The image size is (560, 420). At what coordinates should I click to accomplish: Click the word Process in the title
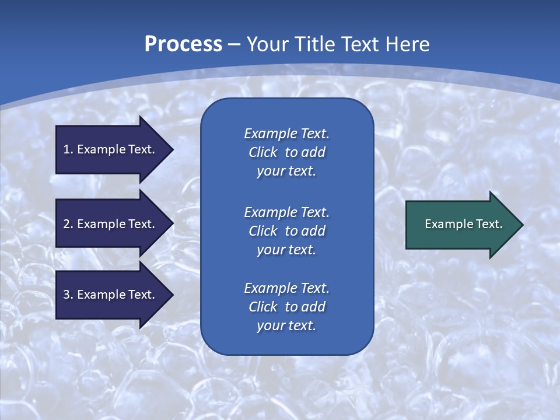[x=183, y=44]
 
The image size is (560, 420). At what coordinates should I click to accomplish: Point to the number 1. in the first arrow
[x=68, y=149]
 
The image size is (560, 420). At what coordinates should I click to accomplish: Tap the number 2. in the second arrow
[x=68, y=224]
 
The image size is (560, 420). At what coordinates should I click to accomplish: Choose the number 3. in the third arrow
[x=68, y=295]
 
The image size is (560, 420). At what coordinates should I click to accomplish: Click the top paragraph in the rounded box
[x=286, y=152]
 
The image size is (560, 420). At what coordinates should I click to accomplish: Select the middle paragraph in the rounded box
[x=286, y=231]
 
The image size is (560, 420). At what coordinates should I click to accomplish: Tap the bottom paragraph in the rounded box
[x=286, y=307]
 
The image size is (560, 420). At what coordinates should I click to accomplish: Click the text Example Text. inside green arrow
[x=464, y=224]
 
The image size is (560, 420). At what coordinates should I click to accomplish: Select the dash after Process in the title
[x=234, y=45]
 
